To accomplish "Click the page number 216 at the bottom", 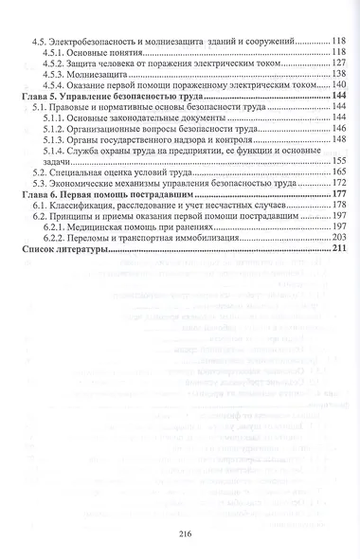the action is pyautogui.click(x=185, y=532).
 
